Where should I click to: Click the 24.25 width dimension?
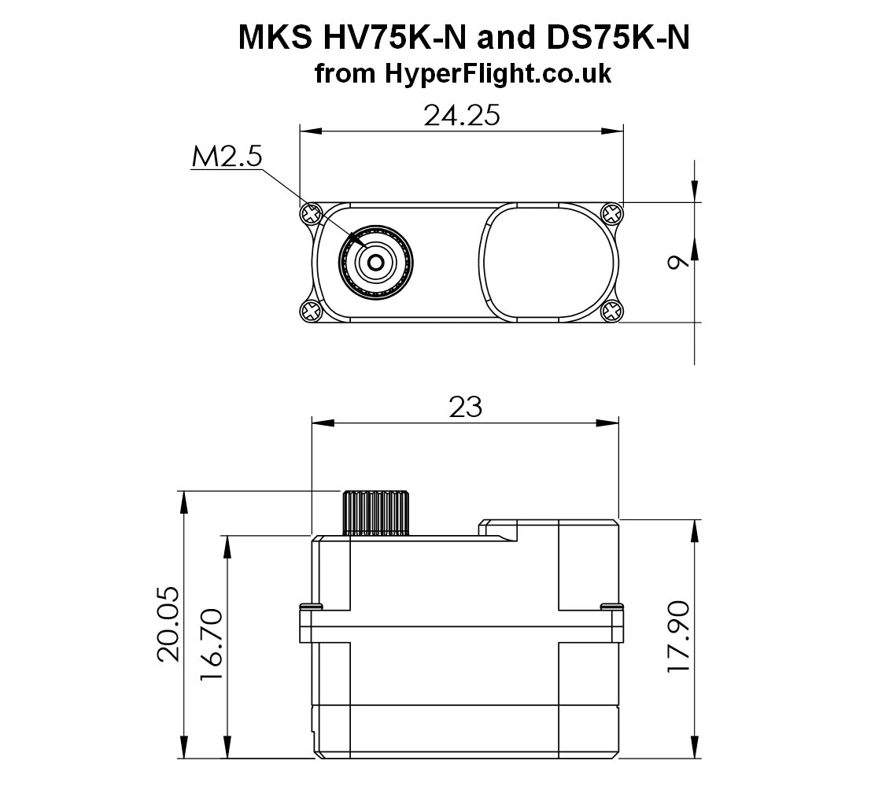point(462,116)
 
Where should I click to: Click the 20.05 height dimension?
point(169,625)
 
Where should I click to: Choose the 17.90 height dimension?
point(678,636)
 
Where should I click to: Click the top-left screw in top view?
point(311,212)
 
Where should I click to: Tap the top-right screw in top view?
point(611,212)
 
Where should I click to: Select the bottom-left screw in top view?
point(311,312)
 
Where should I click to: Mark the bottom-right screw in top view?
point(611,312)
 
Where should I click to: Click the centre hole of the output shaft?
point(376,262)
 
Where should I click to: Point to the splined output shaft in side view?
point(376,512)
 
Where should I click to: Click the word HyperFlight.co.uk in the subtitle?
point(498,74)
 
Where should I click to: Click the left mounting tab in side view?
point(309,626)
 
